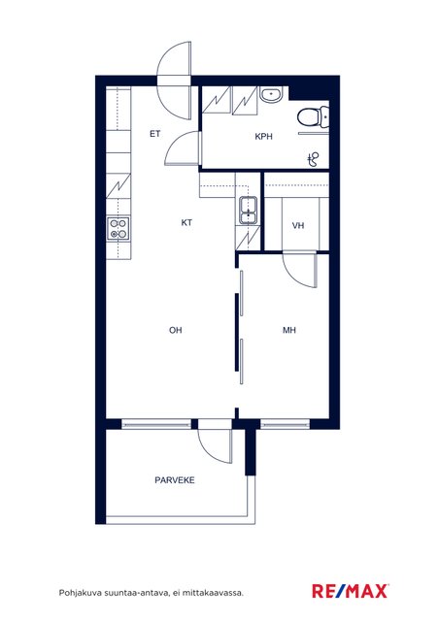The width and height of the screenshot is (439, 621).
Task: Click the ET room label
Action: [155, 134]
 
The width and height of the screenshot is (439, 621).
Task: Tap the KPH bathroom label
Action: [264, 136]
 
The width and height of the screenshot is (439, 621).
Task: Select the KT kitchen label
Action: [186, 222]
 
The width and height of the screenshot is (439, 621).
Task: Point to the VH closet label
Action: [298, 225]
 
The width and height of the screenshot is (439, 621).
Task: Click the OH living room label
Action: [175, 330]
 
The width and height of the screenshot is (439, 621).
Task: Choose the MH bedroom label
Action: [289, 330]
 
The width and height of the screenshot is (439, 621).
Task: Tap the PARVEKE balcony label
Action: [175, 480]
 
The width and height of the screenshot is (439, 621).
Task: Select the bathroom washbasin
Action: [271, 95]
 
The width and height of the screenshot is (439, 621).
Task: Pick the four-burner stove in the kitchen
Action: [118, 229]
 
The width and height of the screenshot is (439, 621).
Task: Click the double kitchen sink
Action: [249, 210]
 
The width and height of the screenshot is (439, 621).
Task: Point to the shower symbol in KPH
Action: [314, 159]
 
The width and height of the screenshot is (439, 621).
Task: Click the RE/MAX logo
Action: [351, 591]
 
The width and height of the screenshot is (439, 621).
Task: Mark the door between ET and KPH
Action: [184, 148]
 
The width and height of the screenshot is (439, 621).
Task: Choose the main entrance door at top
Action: [175, 82]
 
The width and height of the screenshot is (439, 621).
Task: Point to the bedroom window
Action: [285, 424]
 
